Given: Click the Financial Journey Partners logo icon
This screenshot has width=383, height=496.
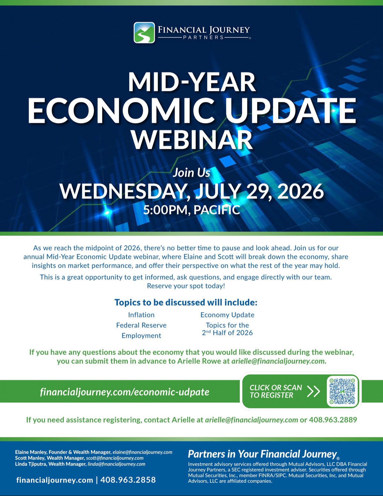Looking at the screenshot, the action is pos(144,33).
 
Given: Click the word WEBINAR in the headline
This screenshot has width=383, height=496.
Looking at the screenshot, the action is pos(192,140).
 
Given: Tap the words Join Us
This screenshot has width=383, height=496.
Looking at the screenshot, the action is pos(191,173).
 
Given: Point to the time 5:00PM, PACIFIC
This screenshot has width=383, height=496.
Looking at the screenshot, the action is pos(191,210).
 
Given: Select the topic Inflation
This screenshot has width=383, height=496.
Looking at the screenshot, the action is pos(141,315).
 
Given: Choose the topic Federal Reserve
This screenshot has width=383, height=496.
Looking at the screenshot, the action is pos(141,325).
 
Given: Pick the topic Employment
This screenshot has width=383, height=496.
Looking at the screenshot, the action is pos(141,336).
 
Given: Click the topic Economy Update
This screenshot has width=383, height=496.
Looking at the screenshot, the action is pos(227,315).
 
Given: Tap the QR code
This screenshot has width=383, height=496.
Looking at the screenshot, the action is pos(342,392).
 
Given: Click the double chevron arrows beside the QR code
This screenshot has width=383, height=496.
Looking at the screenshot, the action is pos(313,392).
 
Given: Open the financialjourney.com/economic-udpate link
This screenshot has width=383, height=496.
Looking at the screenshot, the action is pos(124,392).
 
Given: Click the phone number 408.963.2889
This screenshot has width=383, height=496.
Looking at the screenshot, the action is pos(333,420).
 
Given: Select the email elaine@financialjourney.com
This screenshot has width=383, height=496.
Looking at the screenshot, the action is pos(142,452).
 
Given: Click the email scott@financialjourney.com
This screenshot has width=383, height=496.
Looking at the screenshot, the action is pos(115,458).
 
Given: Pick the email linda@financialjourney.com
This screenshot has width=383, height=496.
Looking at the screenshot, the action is pos(116,464).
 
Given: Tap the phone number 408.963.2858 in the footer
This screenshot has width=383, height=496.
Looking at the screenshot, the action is pos(128,480).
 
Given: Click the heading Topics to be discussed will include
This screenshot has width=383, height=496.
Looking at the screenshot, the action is pos(186,302).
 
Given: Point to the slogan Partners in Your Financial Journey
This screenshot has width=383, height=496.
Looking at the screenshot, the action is pos(262,454).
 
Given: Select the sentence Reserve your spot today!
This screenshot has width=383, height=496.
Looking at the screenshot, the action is pos(186,286).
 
